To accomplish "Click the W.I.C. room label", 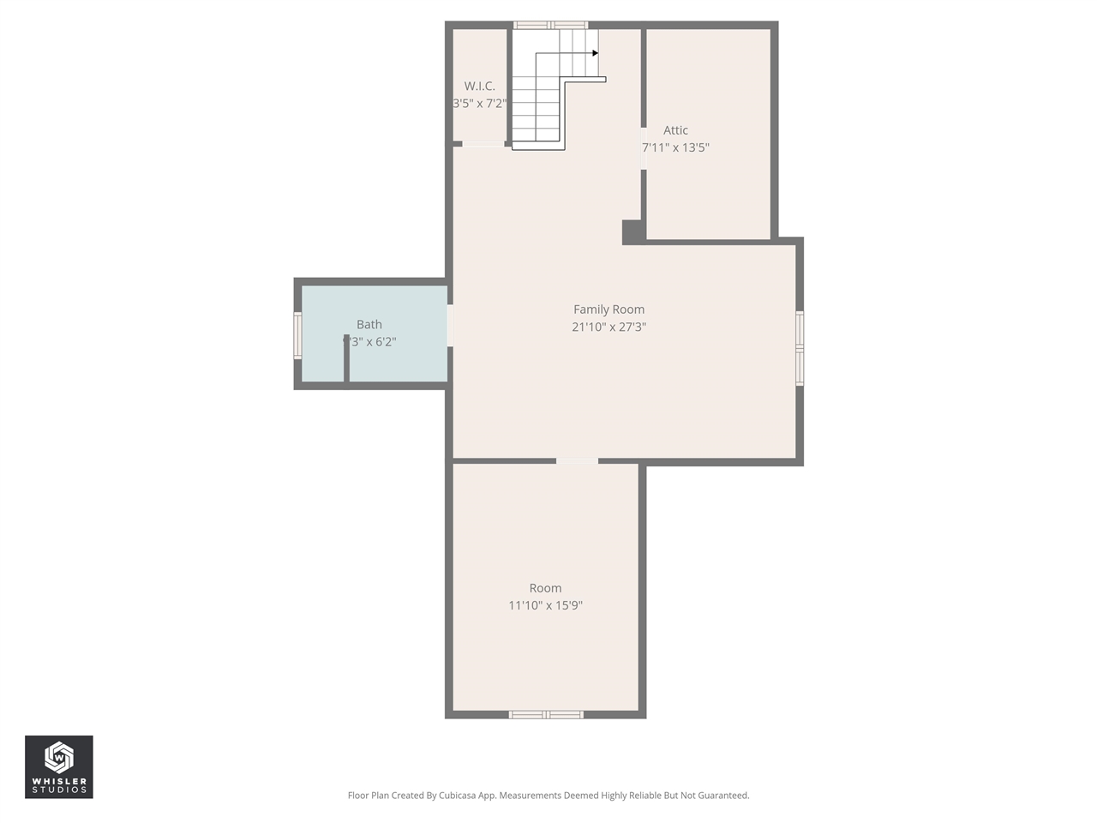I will tap(479, 86).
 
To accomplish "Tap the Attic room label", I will tap(675, 130).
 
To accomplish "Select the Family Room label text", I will tap(608, 309).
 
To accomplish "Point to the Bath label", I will tap(369, 324).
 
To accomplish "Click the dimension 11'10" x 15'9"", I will tap(545, 605).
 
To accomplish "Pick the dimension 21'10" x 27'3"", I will tap(608, 327).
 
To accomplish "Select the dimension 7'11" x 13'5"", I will tap(676, 147).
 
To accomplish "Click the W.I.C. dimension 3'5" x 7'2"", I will tap(480, 103).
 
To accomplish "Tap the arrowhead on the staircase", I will tap(595, 53).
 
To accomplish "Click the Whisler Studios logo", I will tap(59, 766).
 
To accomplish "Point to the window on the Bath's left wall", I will tap(298, 334).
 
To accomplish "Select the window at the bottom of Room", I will tap(546, 714).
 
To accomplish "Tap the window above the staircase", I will tap(550, 25).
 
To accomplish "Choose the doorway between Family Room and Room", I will tap(577, 461).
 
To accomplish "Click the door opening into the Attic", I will tap(644, 148).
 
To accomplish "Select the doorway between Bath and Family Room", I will tap(450, 326).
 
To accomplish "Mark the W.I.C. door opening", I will tap(483, 144).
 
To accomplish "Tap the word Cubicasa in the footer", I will tap(459, 796).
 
